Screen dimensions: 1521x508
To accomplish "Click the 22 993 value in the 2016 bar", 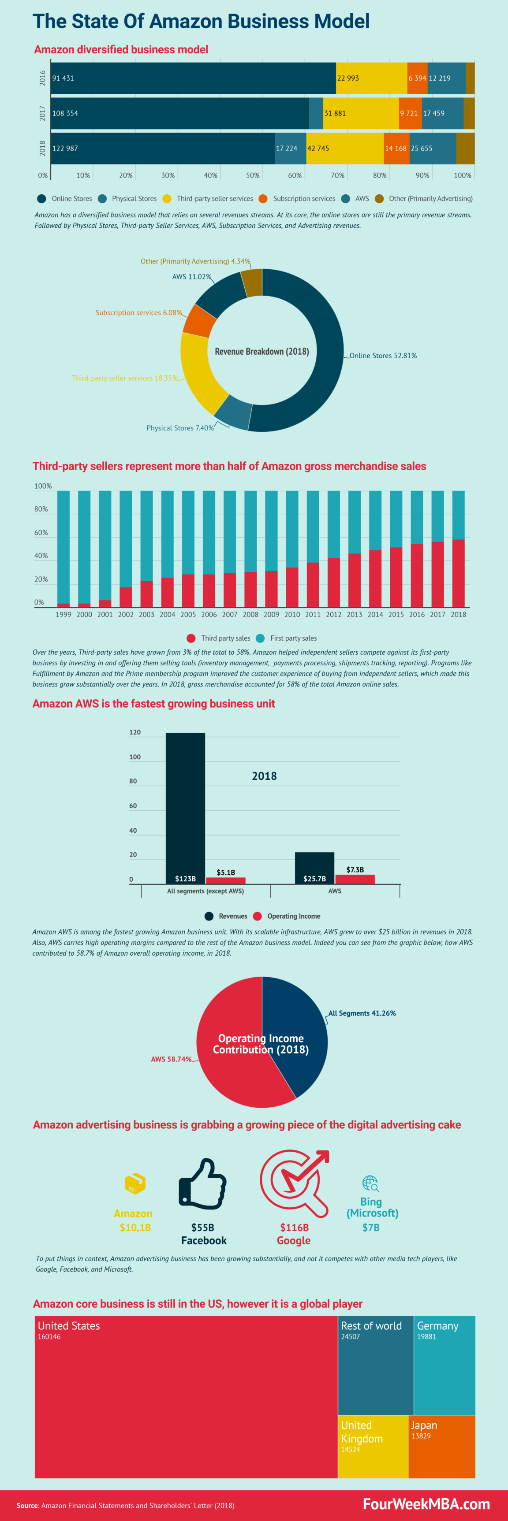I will (x=348, y=78).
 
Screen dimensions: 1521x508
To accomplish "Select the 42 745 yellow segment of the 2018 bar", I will (x=344, y=148).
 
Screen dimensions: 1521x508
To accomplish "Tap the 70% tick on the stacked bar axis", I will (x=337, y=175).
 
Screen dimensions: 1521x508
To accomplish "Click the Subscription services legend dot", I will (x=263, y=198).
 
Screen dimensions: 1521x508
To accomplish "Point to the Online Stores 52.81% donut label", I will (x=383, y=356).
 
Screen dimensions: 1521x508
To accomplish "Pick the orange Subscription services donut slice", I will (x=200, y=321).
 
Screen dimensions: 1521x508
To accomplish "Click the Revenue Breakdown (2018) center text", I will (x=261, y=351).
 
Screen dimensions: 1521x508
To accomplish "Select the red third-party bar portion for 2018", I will (x=458, y=573).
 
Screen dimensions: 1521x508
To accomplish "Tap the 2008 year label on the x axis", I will (x=250, y=614).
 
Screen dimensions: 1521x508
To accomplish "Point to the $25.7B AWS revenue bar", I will (x=314, y=868).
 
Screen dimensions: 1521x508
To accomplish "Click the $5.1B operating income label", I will (x=226, y=872).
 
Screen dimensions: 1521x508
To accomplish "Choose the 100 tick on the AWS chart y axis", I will (x=134, y=757).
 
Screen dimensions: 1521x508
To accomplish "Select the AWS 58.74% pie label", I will (x=171, y=1059).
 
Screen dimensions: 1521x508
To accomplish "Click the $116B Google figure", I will (x=294, y=1228).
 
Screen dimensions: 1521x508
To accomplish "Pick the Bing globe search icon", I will (x=370, y=1183).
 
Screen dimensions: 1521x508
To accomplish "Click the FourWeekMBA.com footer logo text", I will (x=426, y=1504).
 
